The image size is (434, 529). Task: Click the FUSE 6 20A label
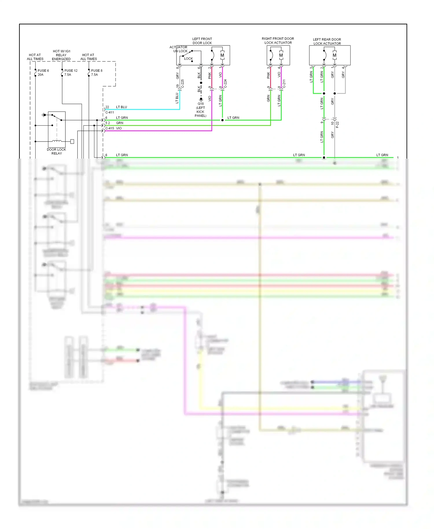click(x=43, y=73)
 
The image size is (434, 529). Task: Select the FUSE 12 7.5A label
click(x=71, y=73)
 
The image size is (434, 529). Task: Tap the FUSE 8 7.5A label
click(x=96, y=73)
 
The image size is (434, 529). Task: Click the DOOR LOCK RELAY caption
click(x=56, y=151)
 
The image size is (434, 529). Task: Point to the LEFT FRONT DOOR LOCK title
click(x=202, y=41)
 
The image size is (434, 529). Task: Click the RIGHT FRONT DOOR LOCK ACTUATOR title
click(x=278, y=41)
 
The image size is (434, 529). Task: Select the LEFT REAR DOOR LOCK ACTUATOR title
click(x=327, y=41)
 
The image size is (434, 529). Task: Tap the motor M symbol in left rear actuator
click(x=334, y=55)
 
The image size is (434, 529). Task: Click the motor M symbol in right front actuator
click(x=281, y=55)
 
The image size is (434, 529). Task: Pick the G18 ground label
click(x=201, y=104)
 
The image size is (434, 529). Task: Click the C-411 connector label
click(x=110, y=112)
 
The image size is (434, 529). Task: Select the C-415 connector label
click(x=110, y=128)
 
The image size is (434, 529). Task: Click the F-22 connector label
click(x=337, y=125)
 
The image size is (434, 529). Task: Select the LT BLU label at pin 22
click(x=122, y=107)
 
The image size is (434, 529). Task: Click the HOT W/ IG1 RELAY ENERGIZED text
click(x=61, y=55)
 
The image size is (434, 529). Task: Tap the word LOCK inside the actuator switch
click(x=188, y=59)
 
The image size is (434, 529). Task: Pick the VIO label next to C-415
click(x=119, y=128)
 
